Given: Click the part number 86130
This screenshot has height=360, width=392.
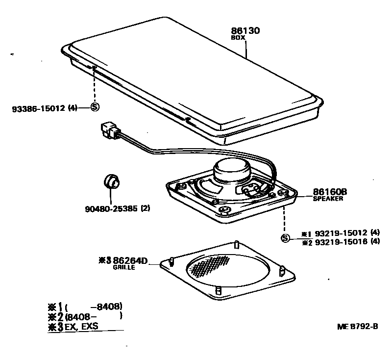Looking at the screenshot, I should tap(245, 30).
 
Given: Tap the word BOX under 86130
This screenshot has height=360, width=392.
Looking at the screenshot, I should tap(238, 37).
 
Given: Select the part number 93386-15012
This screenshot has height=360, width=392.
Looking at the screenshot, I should tap(38, 107).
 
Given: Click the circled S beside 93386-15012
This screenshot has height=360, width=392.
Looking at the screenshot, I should tap(95, 107).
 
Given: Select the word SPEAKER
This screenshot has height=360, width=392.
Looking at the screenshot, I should tap(328, 199).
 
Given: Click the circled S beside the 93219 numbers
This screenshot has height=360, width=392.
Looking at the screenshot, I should tap(284, 238).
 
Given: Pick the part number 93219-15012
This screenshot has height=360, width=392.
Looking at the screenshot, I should tap(340, 233).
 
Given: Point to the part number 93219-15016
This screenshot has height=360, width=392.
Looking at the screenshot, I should tap(340, 241).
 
